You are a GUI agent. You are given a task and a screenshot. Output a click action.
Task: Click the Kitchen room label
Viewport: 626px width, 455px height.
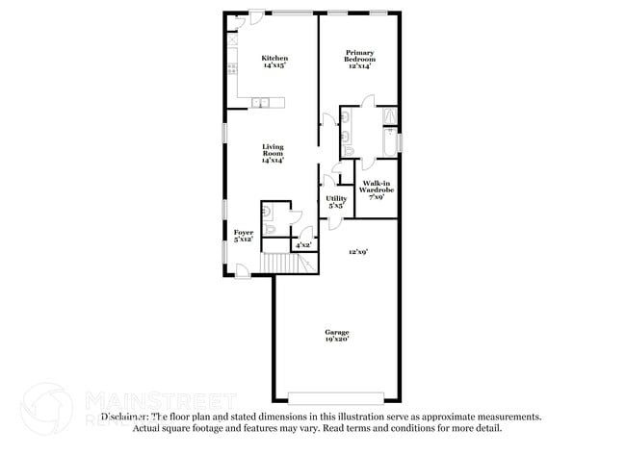[x=274, y=59]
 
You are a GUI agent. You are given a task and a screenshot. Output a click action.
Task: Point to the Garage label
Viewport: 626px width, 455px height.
[x=336, y=332]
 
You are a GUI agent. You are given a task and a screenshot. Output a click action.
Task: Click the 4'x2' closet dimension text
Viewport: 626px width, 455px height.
[x=301, y=246]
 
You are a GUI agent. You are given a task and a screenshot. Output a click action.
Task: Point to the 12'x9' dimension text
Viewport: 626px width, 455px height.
[x=358, y=252]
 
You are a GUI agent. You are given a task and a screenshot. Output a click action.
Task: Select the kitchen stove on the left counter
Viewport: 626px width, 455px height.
[x=232, y=68]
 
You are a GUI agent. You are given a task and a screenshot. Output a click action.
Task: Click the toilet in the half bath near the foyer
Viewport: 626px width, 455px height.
[x=271, y=230]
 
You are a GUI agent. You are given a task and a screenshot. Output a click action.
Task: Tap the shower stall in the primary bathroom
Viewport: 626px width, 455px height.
[x=390, y=116]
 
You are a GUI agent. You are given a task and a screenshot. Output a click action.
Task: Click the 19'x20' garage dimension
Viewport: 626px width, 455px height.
[x=336, y=340]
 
